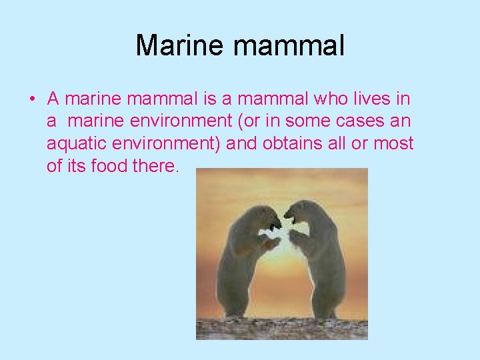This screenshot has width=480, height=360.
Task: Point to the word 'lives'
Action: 374,99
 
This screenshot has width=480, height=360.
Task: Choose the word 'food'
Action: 109,165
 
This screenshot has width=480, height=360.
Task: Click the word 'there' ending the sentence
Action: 156,165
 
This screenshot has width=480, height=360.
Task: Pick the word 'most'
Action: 393,143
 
